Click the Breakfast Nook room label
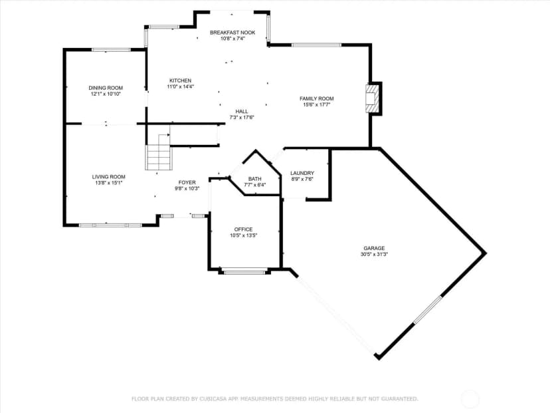click(232, 33)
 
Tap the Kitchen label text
click(180, 80)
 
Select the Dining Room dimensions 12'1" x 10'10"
click(106, 94)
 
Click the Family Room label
click(316, 98)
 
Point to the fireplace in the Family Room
click(373, 98)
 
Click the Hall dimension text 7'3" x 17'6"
click(242, 118)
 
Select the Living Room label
click(109, 177)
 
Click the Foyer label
click(187, 182)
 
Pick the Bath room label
click(254, 179)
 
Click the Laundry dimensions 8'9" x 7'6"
click(302, 179)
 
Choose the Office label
click(243, 229)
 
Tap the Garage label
click(374, 248)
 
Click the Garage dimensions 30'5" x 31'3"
click(374, 254)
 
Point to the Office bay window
click(244, 271)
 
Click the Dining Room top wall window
click(111, 50)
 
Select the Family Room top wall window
click(316, 45)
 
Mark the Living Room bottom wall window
click(110, 225)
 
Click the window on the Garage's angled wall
click(428, 310)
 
